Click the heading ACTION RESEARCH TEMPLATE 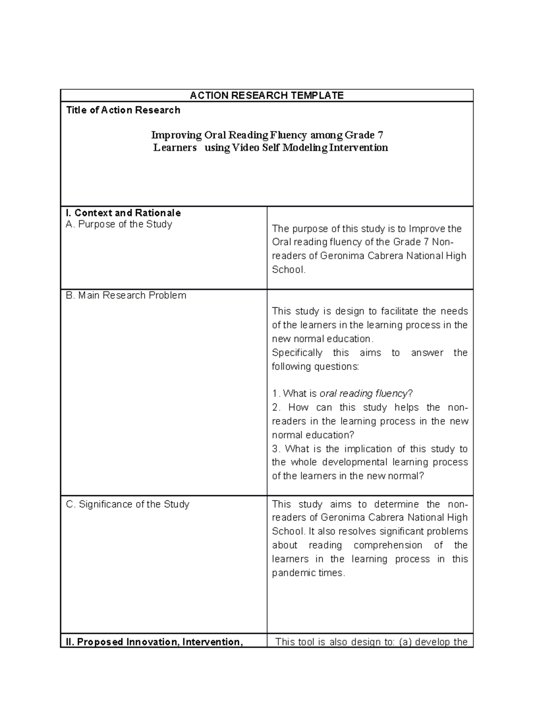(266, 96)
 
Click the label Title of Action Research (123, 110)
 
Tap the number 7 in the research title (380, 135)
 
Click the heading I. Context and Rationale (123, 213)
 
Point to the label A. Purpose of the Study (119, 225)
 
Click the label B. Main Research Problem (126, 296)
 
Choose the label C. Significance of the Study (127, 505)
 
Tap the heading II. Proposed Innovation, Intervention (154, 642)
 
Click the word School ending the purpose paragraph (287, 270)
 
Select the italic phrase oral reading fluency (363, 394)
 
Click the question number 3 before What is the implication (276, 449)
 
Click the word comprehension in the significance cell (387, 545)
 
